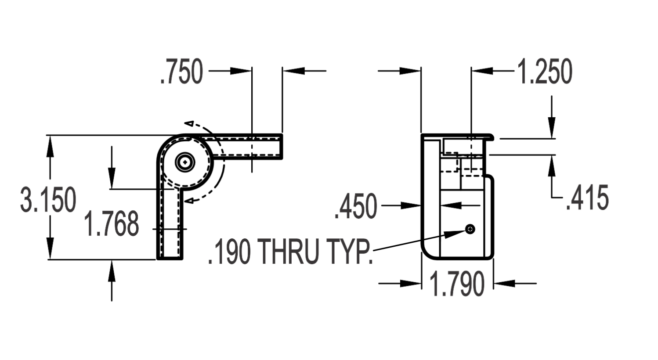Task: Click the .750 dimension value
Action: [182, 72]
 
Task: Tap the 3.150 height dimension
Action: [48, 199]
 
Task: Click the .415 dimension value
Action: [588, 198]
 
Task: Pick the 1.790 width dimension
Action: [457, 283]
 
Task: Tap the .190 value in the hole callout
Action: [229, 252]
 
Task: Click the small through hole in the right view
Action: [470, 229]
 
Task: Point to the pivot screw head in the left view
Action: [185, 162]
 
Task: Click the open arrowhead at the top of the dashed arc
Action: [189, 124]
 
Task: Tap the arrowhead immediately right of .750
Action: [241, 71]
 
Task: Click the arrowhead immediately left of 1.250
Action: [482, 71]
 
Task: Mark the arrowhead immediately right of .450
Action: [411, 205]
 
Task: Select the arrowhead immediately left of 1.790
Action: [411, 283]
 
